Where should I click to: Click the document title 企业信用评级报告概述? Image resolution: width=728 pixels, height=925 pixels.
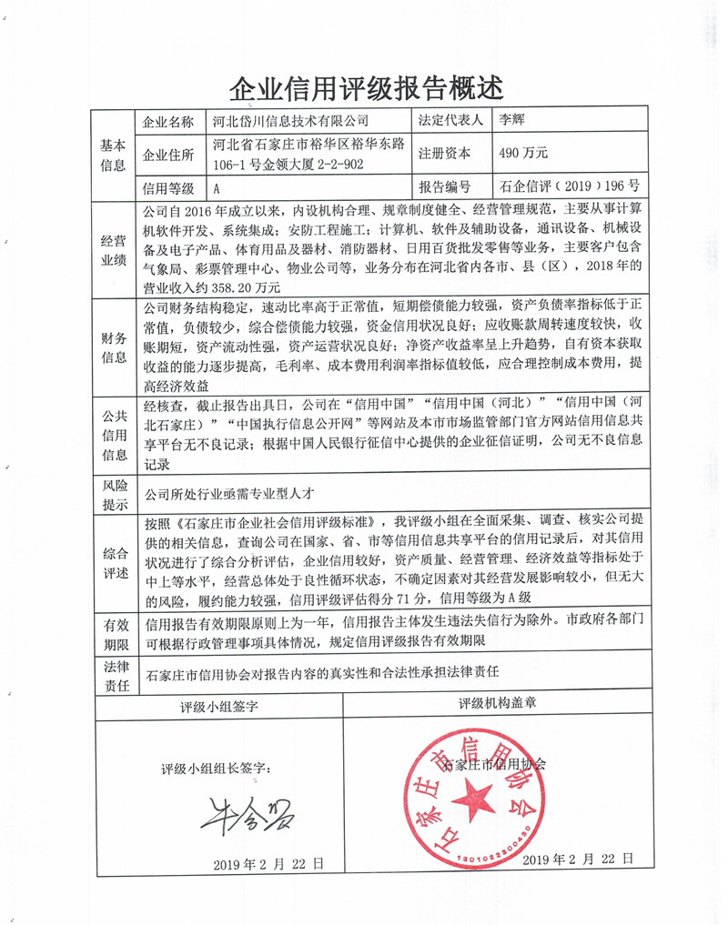pos(364,87)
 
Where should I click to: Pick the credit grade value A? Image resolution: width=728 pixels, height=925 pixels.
pos(217,189)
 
